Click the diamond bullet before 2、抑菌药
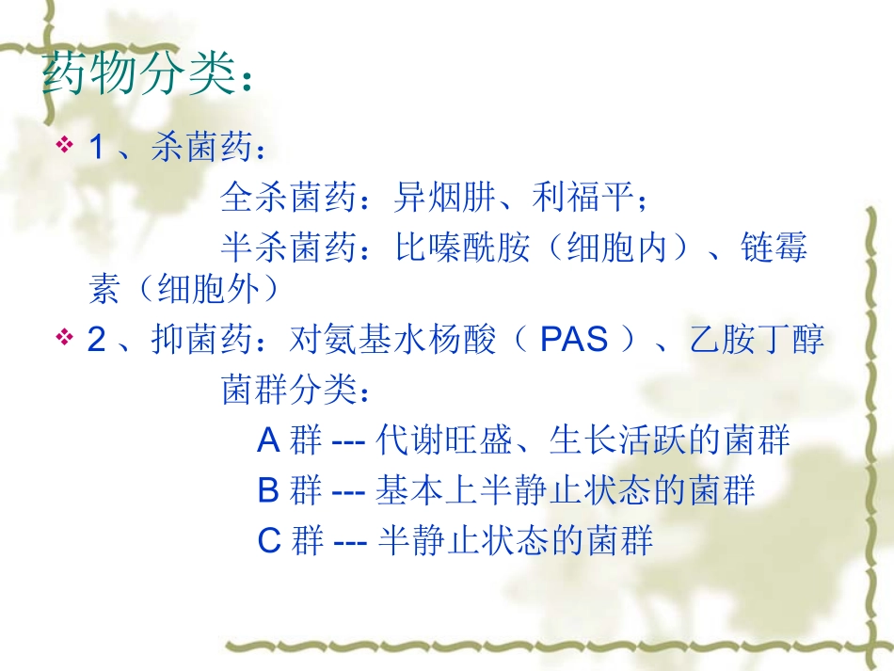tap(66, 338)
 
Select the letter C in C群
tap(269, 541)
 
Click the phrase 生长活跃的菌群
tap(667, 439)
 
